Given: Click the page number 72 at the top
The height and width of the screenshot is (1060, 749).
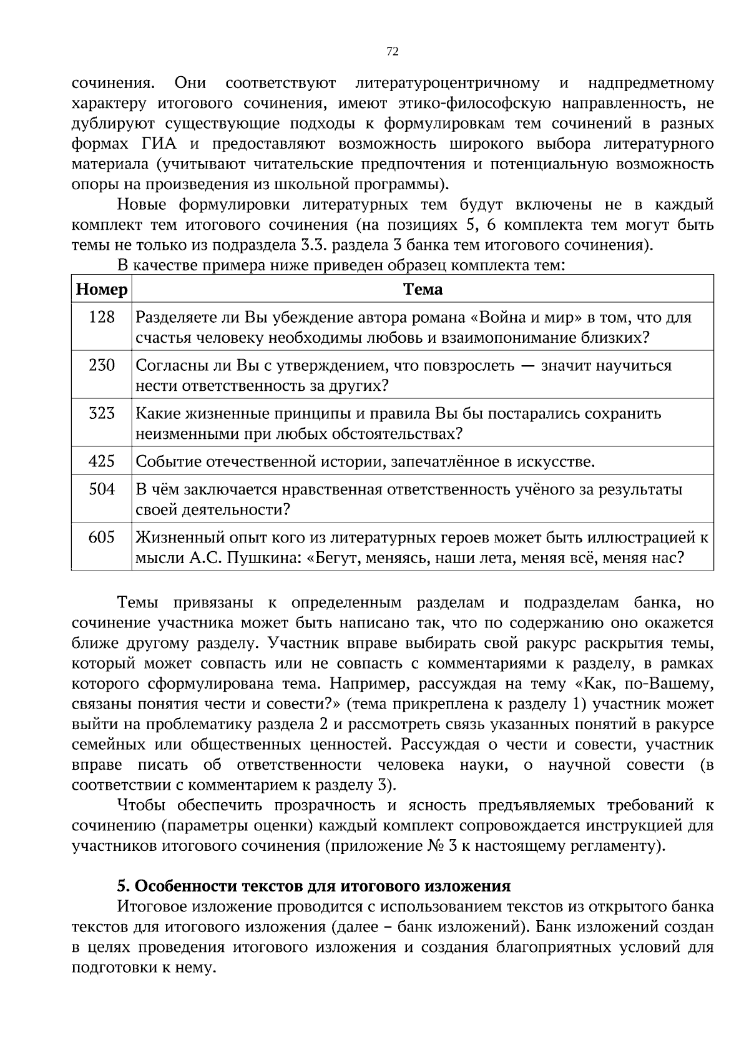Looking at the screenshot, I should [393, 52].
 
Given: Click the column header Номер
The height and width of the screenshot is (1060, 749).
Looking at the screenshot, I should [102, 290].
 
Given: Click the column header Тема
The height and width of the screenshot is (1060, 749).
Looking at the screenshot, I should [423, 290].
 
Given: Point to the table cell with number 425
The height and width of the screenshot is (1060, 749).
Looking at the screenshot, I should [102, 461].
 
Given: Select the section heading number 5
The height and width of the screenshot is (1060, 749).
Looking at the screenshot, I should [123, 886].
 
